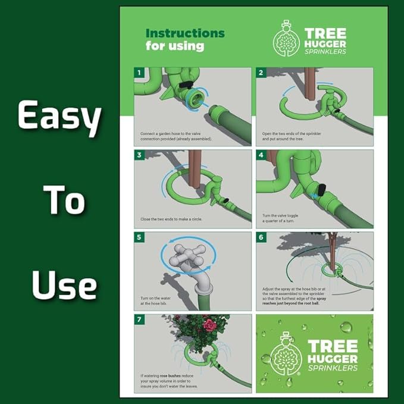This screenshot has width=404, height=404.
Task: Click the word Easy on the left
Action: (58, 117)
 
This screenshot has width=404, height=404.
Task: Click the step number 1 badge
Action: (139, 73)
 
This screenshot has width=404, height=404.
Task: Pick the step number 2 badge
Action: (261, 73)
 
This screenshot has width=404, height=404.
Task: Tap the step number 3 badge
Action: (139, 156)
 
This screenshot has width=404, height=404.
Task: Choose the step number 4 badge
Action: (261, 156)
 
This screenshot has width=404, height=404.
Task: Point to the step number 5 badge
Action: (139, 238)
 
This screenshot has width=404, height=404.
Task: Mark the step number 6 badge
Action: (261, 238)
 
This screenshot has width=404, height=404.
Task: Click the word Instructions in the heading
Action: (185, 33)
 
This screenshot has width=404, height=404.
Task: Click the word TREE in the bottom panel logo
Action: (333, 346)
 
